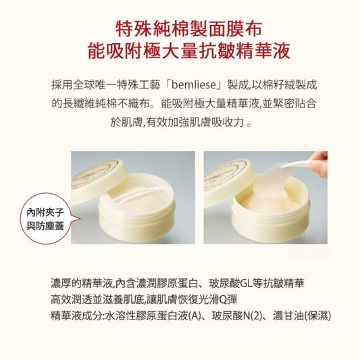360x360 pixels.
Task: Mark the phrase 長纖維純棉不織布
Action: [101, 105]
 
